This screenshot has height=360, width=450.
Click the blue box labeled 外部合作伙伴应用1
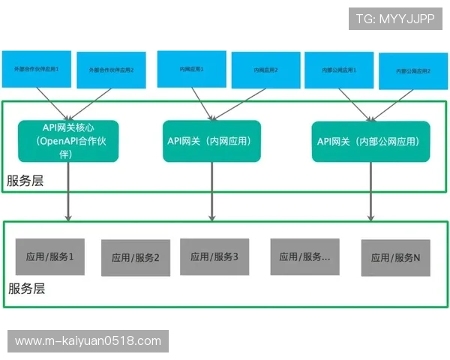(x=37, y=68)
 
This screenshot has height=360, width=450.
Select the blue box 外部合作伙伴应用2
(x=112, y=69)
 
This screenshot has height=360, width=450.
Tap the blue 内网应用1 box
(x=191, y=68)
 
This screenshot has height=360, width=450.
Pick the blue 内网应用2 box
(x=265, y=70)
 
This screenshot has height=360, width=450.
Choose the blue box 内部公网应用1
(x=337, y=69)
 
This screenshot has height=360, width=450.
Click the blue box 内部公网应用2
(x=413, y=71)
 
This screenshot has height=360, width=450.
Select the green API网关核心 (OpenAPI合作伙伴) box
(x=69, y=141)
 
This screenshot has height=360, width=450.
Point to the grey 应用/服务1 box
(x=51, y=256)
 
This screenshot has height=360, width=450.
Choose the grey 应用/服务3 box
(x=214, y=256)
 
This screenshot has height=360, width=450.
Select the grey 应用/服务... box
(x=304, y=256)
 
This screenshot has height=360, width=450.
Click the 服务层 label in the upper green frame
(x=25, y=181)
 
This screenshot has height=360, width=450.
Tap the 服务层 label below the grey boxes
(x=27, y=289)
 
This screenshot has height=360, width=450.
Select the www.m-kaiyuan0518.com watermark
(x=88, y=341)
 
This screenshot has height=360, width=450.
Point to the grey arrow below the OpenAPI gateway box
(x=69, y=191)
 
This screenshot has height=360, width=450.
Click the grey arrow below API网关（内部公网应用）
(x=370, y=191)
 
